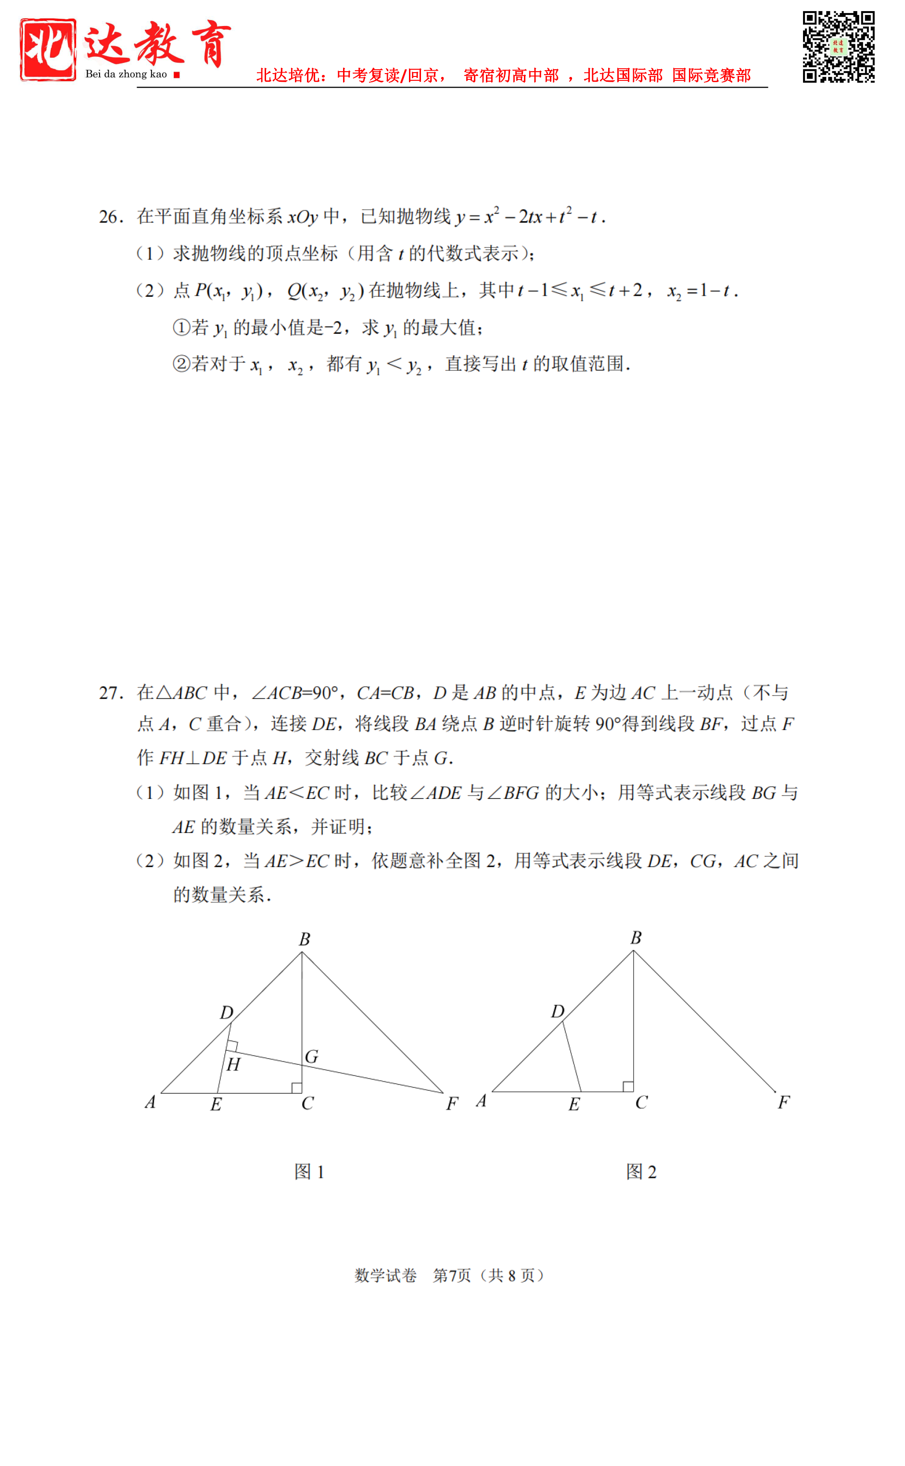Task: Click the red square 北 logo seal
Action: point(48,49)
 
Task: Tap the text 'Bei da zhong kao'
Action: point(126,74)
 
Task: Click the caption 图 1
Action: point(309,1172)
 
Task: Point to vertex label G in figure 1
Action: point(311,1057)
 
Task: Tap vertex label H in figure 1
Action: point(233,1064)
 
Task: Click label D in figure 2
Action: point(557,1011)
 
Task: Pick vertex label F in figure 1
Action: point(452,1103)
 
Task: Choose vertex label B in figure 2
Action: point(636,937)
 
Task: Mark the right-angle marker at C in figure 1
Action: point(296,1087)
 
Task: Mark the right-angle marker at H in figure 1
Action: point(232,1047)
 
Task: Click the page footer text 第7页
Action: point(452,1275)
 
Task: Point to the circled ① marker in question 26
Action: point(181,328)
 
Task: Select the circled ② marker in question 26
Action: point(181,364)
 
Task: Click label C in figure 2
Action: point(641,1103)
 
